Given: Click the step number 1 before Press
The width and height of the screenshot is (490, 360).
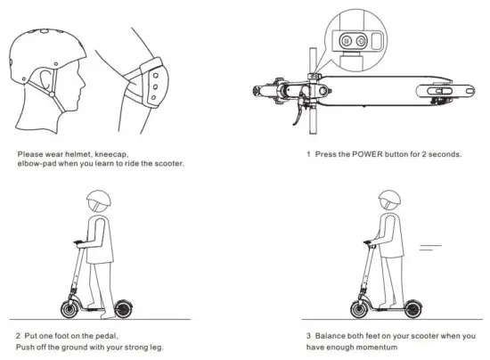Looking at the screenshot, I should tap(308, 154).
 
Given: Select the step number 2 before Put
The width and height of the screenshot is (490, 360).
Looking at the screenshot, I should tap(18, 337).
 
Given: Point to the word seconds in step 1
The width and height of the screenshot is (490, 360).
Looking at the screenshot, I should tap(441, 154).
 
